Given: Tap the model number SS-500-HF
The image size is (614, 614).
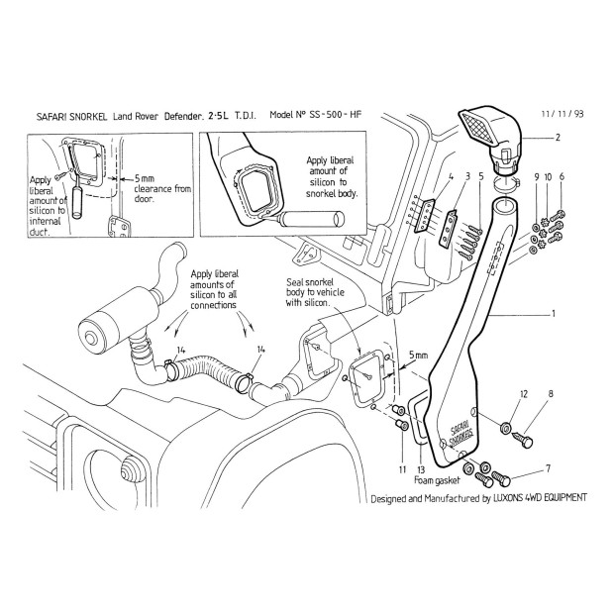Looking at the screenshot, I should [337, 116].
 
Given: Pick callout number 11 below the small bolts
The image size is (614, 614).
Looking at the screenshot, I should [402, 467].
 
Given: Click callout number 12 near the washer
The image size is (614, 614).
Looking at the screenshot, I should [525, 394].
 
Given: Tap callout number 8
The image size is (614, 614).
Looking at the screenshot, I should [552, 394].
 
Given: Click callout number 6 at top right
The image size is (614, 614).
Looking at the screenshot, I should [562, 176].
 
